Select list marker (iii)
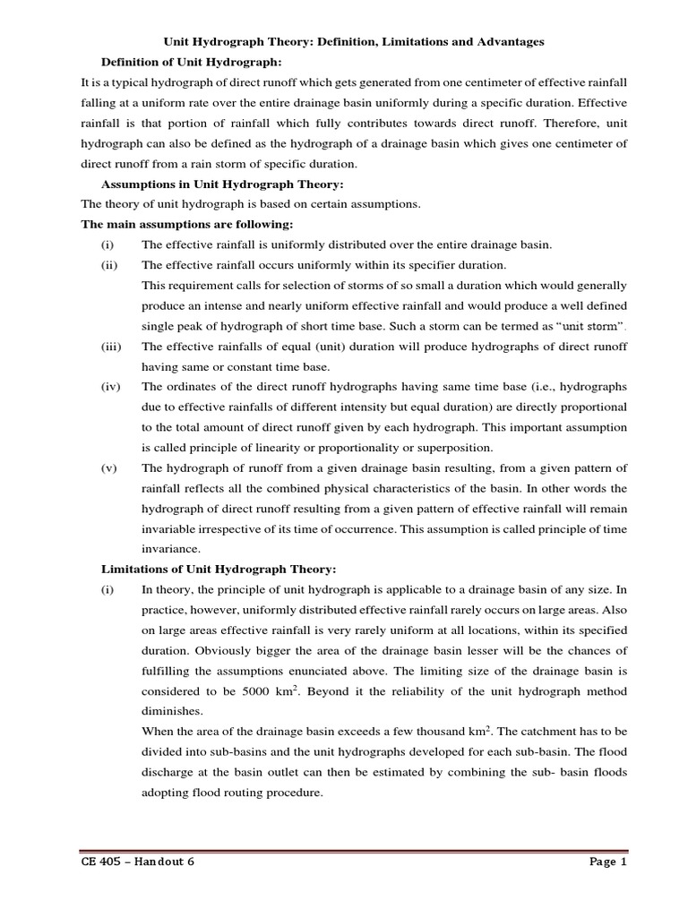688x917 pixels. (112, 347)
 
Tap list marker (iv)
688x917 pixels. (111, 387)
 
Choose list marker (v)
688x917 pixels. (110, 468)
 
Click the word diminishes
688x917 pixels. (171, 713)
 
